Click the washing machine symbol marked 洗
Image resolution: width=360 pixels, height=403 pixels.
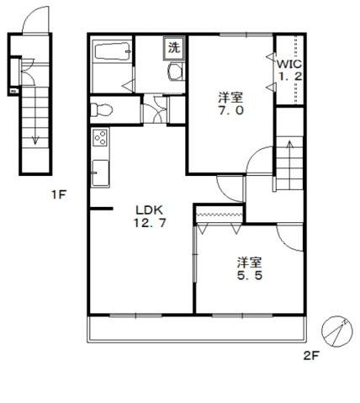coord(174,48)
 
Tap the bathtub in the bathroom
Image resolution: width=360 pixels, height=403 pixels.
coord(113,50)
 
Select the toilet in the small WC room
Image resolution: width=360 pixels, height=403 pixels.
coord(102,110)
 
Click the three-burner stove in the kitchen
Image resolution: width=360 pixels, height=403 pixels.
coord(100,138)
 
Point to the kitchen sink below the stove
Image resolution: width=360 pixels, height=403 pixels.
coord(100,173)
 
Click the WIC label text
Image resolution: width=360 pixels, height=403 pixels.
coord(289,64)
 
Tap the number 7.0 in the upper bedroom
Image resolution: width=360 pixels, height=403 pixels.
coord(231,110)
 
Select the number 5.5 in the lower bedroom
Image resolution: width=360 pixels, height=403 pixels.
coord(250,275)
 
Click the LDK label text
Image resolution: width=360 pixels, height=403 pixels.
coord(149,209)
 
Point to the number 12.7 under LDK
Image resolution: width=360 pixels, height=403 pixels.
coord(150,223)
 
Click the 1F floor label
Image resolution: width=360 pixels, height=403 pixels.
coord(59,194)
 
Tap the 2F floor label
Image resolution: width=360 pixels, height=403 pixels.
coord(311,356)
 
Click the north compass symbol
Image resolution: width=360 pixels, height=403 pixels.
coord(336,331)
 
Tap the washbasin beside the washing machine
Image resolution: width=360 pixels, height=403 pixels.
coord(175,72)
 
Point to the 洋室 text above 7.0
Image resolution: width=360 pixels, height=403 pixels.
coord(230,98)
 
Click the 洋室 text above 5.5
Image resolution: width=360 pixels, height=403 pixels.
coord(249,262)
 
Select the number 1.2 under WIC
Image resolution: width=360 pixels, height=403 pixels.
coord(290,76)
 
